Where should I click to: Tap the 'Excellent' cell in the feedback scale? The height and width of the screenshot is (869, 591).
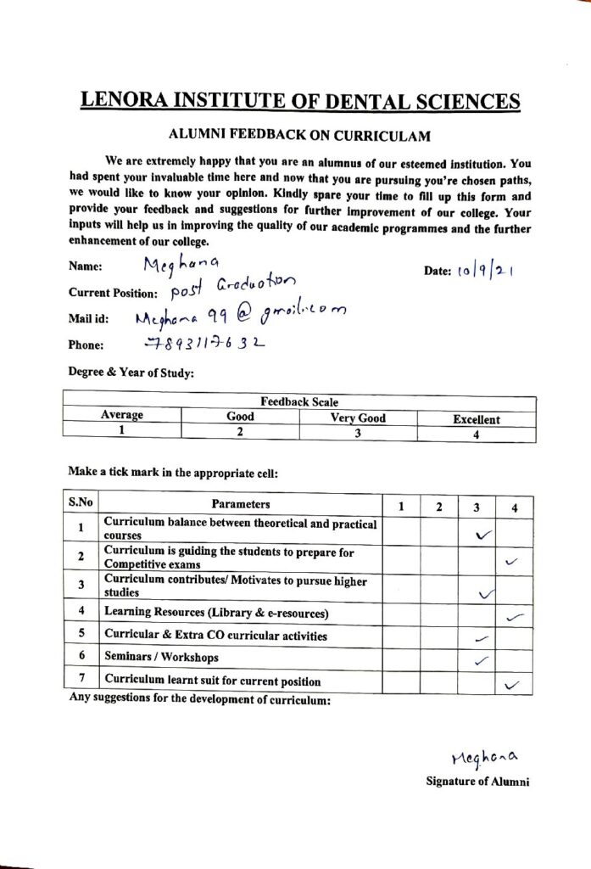click(476, 418)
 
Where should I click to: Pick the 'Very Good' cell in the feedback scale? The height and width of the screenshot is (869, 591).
click(358, 418)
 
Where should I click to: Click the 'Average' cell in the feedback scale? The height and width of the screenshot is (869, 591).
click(122, 415)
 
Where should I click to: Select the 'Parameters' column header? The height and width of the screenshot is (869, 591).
click(241, 504)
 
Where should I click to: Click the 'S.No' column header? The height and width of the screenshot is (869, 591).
click(81, 503)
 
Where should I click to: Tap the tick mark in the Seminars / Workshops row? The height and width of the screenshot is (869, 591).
click(480, 659)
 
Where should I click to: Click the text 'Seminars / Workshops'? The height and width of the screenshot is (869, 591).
click(161, 658)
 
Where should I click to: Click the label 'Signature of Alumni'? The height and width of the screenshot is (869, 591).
click(477, 782)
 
